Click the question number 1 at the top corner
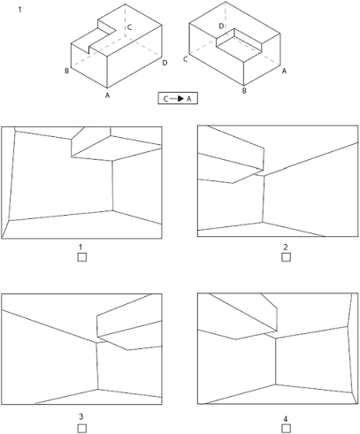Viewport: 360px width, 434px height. tap(19, 10)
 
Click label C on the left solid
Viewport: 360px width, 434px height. tap(129, 27)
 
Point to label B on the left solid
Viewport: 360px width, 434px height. tap(67, 71)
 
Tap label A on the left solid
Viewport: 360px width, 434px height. tap(108, 95)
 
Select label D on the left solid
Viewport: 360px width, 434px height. tap(165, 63)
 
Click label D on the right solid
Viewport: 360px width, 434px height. tap(221, 27)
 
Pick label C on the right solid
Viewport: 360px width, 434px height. tap(185, 59)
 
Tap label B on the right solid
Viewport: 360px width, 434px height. tap(244, 90)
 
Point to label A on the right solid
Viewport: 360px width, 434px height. tap(284, 71)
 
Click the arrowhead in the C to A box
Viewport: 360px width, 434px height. tap(181, 98)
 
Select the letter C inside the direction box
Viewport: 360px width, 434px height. tap(165, 99)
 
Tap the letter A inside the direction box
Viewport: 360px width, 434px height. tap(189, 99)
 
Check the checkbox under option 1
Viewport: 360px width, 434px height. tap(82, 257)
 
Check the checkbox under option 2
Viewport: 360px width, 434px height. tap(286, 257)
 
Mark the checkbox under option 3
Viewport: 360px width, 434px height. tap(82, 428)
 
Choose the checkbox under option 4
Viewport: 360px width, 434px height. tap(286, 428)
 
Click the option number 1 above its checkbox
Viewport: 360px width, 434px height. tap(80, 247)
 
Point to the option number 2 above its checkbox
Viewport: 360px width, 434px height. tap(286, 247)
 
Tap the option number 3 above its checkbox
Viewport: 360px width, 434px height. tap(81, 416)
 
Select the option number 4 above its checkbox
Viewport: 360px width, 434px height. tap(286, 419)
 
